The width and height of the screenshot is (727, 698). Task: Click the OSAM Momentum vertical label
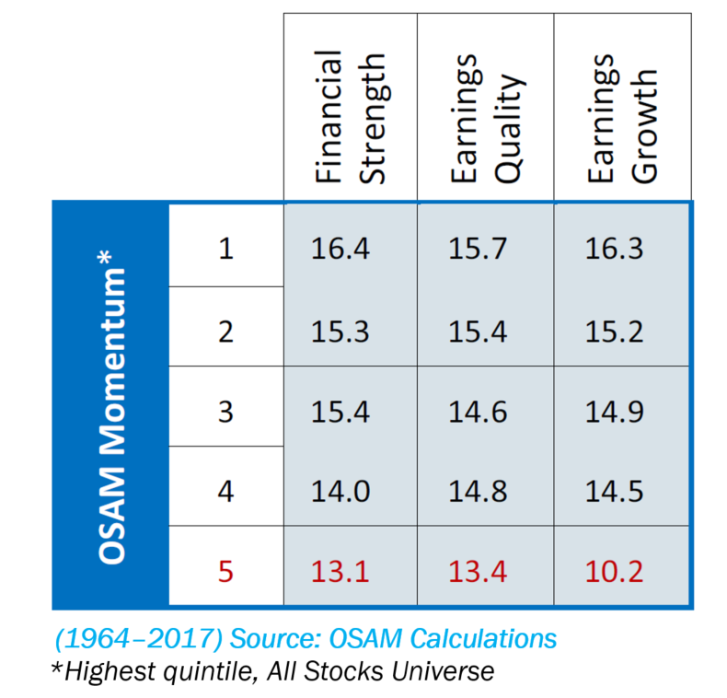[111, 405]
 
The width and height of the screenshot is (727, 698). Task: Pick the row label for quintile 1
[226, 250]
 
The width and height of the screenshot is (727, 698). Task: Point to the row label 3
[226, 411]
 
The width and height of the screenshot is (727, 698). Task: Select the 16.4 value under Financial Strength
[341, 250]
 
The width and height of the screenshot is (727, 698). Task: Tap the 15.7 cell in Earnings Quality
[478, 250]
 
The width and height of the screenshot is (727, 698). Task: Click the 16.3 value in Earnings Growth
[614, 250]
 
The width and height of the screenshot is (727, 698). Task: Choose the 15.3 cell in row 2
[341, 331]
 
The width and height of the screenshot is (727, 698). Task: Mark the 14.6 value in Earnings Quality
[478, 411]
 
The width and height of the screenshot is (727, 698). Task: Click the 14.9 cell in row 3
[614, 411]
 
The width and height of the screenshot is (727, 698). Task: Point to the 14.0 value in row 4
[341, 492]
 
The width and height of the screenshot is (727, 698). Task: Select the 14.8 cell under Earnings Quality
[478, 492]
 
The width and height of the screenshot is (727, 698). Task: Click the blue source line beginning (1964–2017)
[304, 638]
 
